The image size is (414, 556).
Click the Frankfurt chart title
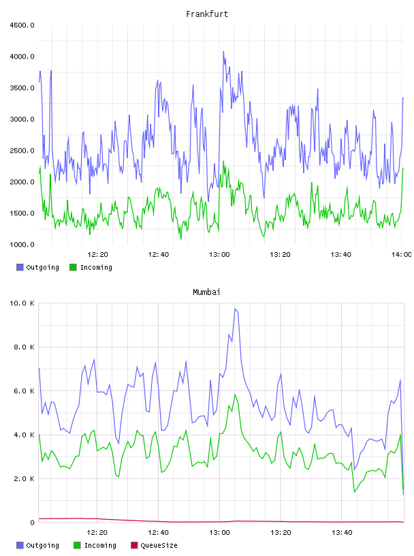click(x=207, y=14)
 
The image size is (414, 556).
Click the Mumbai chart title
click(x=206, y=292)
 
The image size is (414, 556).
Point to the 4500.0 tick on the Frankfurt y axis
click(x=22, y=25)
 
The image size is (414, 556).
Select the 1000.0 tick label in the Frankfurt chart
click(x=22, y=245)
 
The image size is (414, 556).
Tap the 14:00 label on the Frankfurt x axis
click(x=401, y=255)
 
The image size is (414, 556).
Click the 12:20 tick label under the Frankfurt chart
click(x=97, y=255)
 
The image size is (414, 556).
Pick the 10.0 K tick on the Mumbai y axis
click(x=22, y=303)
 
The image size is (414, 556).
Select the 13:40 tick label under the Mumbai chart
click(x=342, y=533)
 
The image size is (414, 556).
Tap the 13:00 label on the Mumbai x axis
click(x=219, y=533)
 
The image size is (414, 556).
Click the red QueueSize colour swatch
click(x=134, y=545)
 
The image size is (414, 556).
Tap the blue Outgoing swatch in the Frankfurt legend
click(x=20, y=267)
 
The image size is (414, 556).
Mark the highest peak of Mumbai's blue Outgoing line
click(x=235, y=309)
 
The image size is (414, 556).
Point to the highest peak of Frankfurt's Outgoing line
click(x=223, y=51)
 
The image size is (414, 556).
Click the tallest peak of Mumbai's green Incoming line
click(x=235, y=395)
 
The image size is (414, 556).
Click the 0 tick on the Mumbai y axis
click(x=32, y=523)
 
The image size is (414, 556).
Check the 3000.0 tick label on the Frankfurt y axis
click(x=22, y=119)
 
